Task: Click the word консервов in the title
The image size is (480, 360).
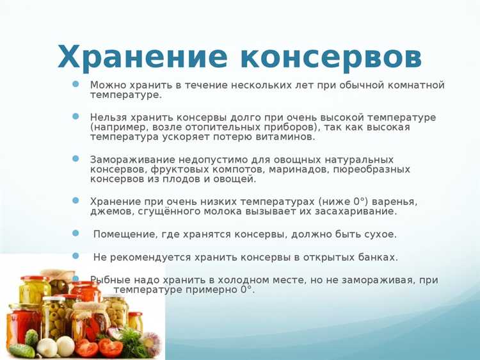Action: coord(332,58)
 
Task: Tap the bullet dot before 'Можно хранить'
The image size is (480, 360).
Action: coord(76,84)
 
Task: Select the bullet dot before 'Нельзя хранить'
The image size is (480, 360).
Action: coord(76,117)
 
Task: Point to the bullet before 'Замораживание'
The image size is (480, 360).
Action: coord(76,158)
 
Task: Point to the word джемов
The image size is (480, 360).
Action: coord(109,211)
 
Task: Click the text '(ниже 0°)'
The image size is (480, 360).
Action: coord(348,201)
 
